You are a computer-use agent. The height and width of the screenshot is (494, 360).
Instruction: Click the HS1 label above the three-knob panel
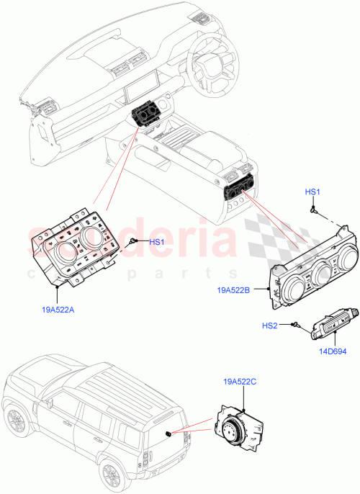click(313, 192)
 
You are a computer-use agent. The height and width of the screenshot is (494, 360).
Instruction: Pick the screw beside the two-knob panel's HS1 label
click(133, 242)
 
